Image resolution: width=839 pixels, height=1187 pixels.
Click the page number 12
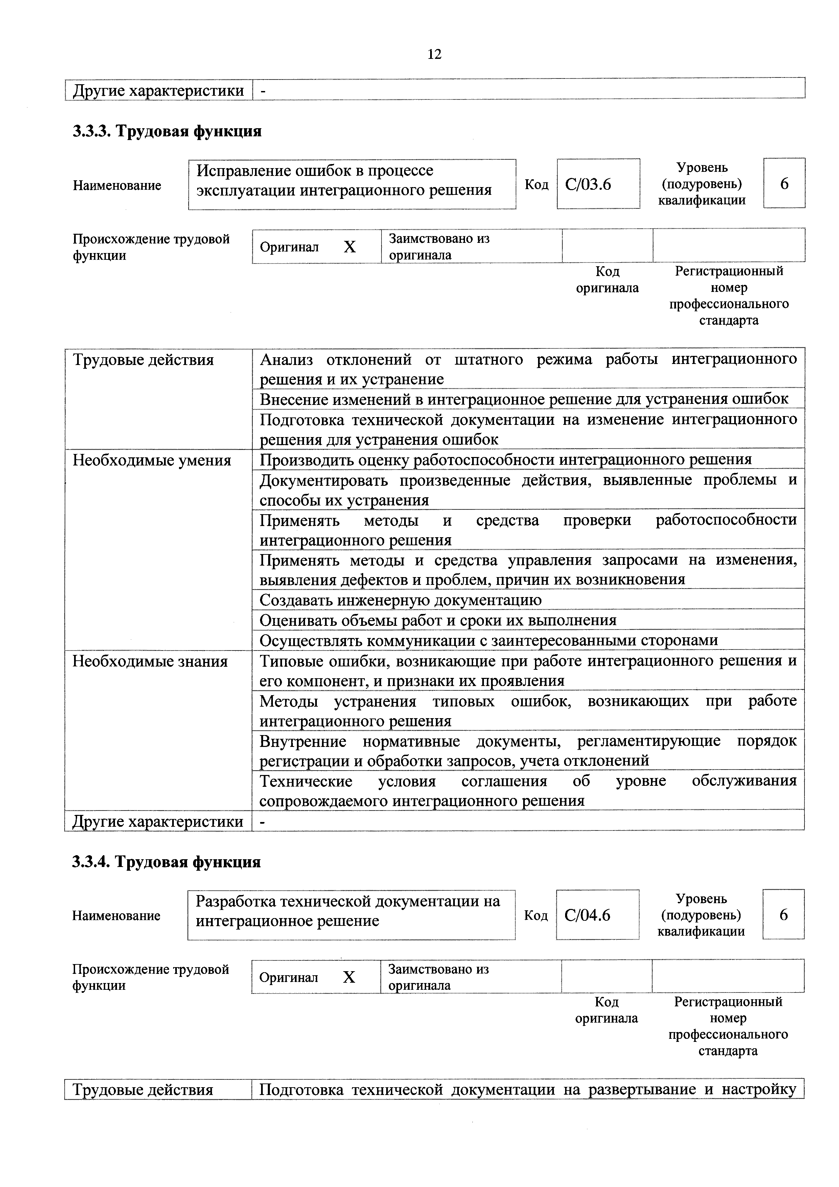[x=434, y=54]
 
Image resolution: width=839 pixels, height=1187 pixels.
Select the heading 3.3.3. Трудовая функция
[x=167, y=131]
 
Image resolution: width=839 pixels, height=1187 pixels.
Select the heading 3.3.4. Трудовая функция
[x=166, y=862]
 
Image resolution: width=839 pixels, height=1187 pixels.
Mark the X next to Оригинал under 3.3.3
[x=350, y=247]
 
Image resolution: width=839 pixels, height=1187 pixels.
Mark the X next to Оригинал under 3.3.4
[x=349, y=977]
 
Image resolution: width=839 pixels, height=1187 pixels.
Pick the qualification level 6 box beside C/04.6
[x=783, y=915]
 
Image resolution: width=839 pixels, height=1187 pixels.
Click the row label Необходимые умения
[x=152, y=460]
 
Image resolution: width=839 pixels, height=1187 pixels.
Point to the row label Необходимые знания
[x=150, y=661]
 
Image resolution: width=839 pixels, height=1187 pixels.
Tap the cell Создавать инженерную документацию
[x=401, y=600]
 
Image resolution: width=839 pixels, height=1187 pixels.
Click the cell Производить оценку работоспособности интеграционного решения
[x=506, y=460]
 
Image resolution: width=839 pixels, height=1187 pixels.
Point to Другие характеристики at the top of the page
[x=158, y=90]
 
